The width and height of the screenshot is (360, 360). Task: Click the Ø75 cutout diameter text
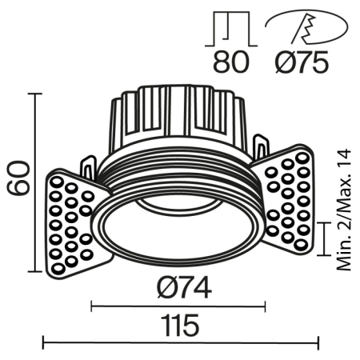pyautogui.click(x=301, y=62)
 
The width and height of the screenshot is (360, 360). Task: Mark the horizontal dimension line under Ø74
pyautogui.click(x=178, y=305)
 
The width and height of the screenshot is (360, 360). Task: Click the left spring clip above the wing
pyautogui.click(x=88, y=168)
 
